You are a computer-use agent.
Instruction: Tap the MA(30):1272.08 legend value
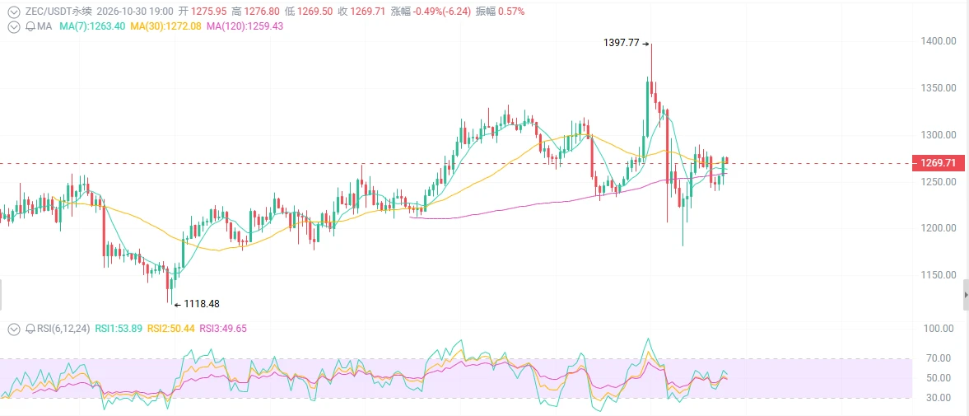click(165, 26)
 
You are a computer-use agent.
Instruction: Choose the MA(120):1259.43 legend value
click(245, 26)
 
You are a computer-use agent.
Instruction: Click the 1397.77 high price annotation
click(621, 44)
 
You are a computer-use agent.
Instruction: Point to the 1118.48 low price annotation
click(202, 304)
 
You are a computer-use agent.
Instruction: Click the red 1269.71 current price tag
click(938, 163)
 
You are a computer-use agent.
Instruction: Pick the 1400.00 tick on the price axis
click(933, 41)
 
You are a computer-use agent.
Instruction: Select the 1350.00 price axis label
click(933, 88)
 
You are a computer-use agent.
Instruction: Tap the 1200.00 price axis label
click(933, 228)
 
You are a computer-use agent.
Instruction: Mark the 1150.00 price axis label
click(933, 274)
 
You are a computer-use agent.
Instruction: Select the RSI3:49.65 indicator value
click(221, 328)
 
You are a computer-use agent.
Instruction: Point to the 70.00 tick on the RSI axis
click(937, 358)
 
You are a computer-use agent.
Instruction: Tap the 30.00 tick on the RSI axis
click(937, 397)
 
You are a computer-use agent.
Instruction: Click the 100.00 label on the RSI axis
click(934, 328)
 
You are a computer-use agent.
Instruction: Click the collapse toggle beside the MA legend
click(13, 26)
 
